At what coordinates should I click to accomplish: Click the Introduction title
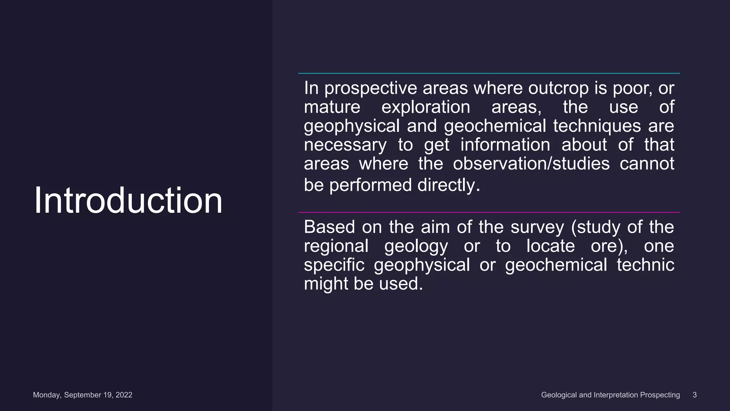click(128, 201)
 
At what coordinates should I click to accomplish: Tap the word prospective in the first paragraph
click(371, 88)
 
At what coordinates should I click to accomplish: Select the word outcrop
click(558, 88)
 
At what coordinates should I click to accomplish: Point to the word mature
click(332, 107)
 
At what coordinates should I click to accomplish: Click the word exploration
click(426, 107)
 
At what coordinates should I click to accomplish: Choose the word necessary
click(345, 145)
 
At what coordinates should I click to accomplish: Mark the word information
click(505, 145)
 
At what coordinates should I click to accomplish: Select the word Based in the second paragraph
click(329, 227)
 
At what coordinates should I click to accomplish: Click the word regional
click(336, 246)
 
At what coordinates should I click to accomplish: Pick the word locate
click(550, 246)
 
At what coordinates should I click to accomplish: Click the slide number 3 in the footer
click(694, 395)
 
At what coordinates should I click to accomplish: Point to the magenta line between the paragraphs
click(489, 212)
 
